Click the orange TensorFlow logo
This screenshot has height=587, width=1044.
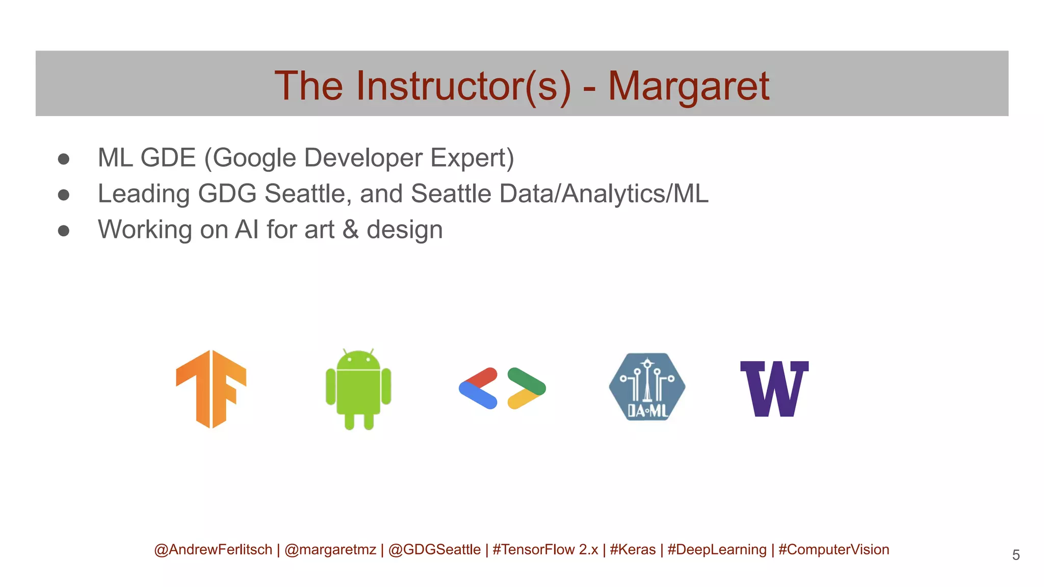click(211, 389)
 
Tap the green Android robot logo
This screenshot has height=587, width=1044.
click(358, 389)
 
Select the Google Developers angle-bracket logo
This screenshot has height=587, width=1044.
click(502, 388)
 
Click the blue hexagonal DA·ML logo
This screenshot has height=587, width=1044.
click(647, 387)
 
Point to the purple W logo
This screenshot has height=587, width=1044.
click(774, 389)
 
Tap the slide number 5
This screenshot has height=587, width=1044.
click(1015, 555)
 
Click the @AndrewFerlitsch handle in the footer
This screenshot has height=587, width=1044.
click(213, 550)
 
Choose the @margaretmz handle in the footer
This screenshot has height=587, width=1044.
click(330, 550)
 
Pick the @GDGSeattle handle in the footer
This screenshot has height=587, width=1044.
click(434, 550)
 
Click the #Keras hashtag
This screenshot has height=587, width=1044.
click(633, 550)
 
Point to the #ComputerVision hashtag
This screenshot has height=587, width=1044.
click(833, 550)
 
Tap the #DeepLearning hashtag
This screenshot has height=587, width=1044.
click(717, 550)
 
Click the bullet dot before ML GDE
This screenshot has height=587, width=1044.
click(64, 159)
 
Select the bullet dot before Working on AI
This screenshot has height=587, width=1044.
click(64, 231)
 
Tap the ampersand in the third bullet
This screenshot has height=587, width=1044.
click(350, 229)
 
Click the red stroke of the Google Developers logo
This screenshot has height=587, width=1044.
click(481, 377)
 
